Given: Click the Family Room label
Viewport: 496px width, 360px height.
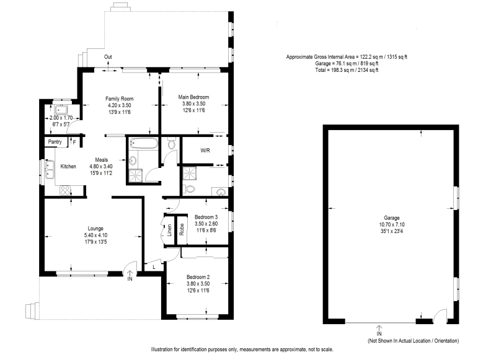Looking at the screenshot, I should pos(119,99).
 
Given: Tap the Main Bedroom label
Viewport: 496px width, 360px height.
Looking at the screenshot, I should pos(193,97).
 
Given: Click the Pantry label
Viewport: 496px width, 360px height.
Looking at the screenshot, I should pos(54,142).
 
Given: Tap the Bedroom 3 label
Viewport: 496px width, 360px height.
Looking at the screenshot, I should pos(206,216).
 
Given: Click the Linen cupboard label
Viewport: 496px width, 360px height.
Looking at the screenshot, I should pos(169,230).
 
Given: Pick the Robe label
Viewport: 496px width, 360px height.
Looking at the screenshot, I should pos(182,230).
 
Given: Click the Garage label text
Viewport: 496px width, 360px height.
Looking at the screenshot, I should pos(391,218).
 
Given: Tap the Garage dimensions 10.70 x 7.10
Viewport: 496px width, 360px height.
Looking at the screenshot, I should pos(391,225).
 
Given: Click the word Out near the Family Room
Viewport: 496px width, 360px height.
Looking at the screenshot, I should pos(108,57).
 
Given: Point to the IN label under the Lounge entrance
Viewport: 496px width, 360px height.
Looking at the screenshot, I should pos(130,280).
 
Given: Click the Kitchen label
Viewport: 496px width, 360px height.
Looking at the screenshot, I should pos(68,166).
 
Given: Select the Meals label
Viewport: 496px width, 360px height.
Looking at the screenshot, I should pos(102,159).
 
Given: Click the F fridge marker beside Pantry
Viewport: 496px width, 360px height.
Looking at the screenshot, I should pos(74,143).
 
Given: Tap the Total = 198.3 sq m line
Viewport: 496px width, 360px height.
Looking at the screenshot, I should pos(347,70).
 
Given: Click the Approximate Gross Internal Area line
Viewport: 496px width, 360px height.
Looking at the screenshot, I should pos(347,57).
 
